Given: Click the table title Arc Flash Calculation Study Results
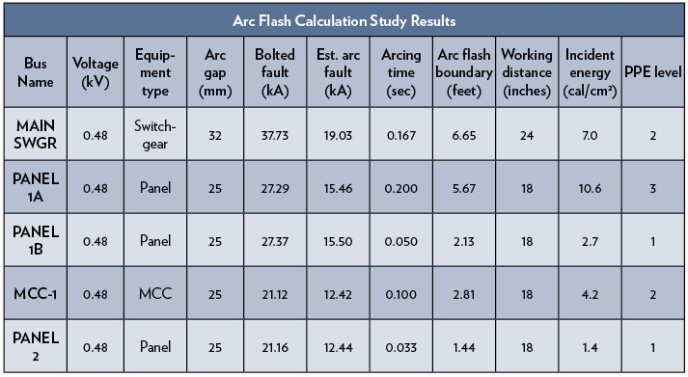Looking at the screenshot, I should [344, 19].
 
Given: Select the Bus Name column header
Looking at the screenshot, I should [34, 72].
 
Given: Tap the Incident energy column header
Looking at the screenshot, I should [591, 72].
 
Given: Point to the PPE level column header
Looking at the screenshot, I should [653, 72].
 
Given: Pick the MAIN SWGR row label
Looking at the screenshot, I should [34, 137].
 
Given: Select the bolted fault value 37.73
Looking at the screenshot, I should [274, 137].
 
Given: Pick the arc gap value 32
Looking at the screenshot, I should [215, 137].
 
